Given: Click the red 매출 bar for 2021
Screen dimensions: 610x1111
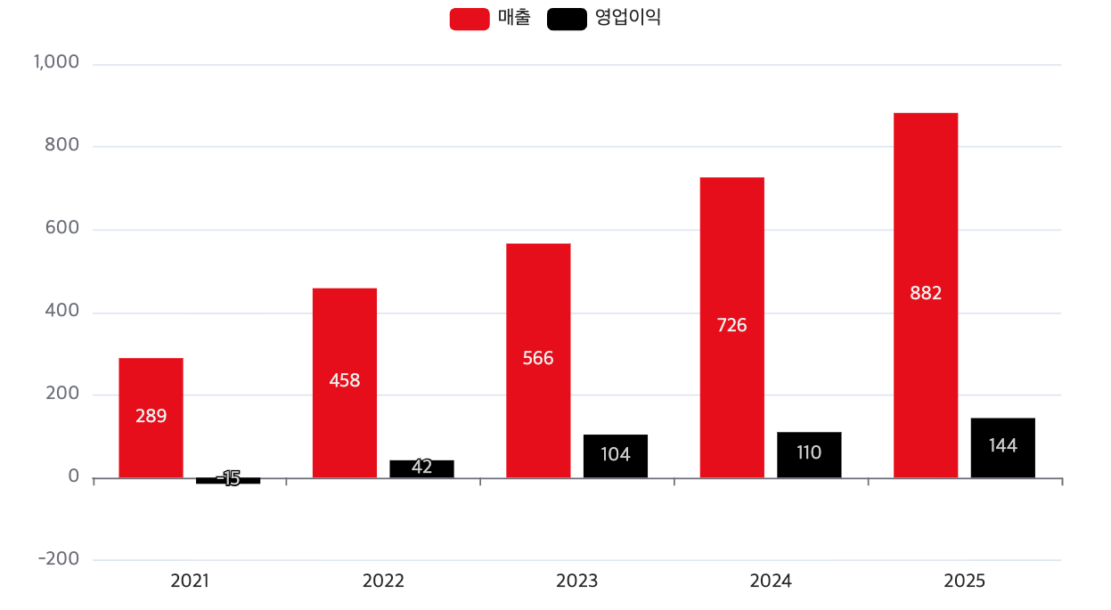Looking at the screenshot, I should pyautogui.click(x=151, y=418).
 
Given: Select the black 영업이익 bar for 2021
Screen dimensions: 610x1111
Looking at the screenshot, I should pyautogui.click(x=228, y=481).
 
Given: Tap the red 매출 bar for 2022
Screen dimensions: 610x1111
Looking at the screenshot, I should pyautogui.click(x=345, y=383).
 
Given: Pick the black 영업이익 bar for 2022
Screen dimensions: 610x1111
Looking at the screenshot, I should pyautogui.click(x=421, y=468).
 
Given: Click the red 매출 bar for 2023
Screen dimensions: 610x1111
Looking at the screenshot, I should pyautogui.click(x=538, y=361).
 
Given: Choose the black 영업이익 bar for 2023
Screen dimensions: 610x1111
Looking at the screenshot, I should pyautogui.click(x=616, y=456).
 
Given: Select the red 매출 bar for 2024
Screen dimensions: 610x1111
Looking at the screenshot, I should pyautogui.click(x=731, y=328).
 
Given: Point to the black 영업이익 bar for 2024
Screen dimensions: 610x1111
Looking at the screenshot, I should pyautogui.click(x=809, y=454).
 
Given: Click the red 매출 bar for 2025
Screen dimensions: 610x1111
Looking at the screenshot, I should pyautogui.click(x=926, y=295).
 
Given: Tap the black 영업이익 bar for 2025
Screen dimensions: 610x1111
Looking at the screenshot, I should pyautogui.click(x=1003, y=447).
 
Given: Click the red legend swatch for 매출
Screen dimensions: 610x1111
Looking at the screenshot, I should pyautogui.click(x=470, y=19).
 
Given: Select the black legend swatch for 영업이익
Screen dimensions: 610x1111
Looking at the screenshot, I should pyautogui.click(x=567, y=19).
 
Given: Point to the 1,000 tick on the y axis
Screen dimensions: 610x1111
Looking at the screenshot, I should pyautogui.click(x=57, y=63).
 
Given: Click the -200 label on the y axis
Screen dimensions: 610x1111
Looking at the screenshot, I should pyautogui.click(x=59, y=559).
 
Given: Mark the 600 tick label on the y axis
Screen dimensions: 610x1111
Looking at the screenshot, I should pyautogui.click(x=62, y=229).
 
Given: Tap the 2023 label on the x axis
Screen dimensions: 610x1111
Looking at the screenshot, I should pyautogui.click(x=577, y=582).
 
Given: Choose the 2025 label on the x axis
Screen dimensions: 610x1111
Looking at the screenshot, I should pyautogui.click(x=965, y=582).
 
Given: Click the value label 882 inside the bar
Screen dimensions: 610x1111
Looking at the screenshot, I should pyautogui.click(x=926, y=293).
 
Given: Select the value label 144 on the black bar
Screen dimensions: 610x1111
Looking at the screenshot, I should pyautogui.click(x=1003, y=446).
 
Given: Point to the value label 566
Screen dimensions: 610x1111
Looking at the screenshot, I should pyautogui.click(x=538, y=359).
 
